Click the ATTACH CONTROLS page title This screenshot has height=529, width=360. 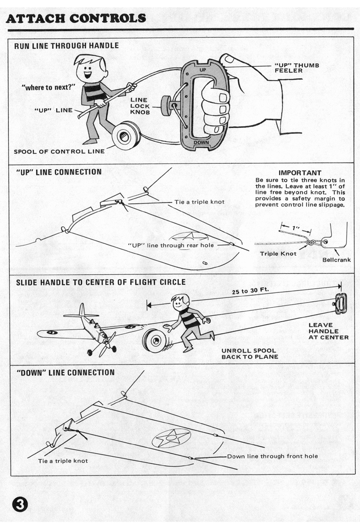76,18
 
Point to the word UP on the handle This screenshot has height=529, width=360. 202,69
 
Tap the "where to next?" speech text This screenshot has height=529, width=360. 49,88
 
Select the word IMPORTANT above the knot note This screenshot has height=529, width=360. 300,173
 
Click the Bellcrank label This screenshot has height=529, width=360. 336,259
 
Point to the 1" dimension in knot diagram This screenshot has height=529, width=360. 295,229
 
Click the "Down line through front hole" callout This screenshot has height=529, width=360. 272,456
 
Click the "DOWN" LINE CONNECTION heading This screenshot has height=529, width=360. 65,372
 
